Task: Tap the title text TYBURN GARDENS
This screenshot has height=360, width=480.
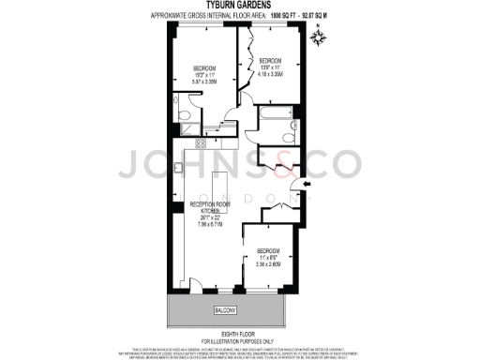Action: pos(240,6)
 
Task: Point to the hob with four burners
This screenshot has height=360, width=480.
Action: pos(199,144)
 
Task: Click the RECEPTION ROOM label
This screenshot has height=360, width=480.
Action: pos(212,203)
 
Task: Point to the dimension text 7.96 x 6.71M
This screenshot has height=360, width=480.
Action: pos(212,225)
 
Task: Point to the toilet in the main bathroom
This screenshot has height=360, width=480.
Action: pos(294,124)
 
